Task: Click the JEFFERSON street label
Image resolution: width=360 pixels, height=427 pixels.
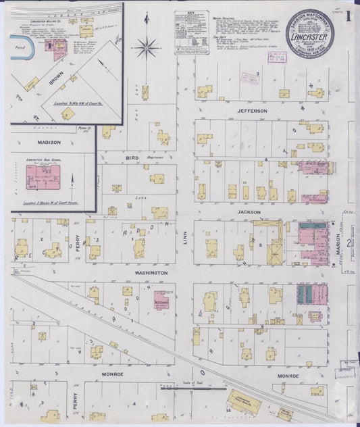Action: (251, 111)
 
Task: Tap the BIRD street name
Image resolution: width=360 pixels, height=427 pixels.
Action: (130, 157)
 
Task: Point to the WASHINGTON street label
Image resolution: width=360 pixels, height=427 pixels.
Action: (151, 273)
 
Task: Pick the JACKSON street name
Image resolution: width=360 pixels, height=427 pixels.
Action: (249, 211)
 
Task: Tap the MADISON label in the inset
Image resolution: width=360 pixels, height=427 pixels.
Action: (49, 143)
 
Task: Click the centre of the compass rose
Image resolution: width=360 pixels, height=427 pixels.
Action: (146, 47)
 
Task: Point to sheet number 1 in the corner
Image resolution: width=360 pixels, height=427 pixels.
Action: (349, 18)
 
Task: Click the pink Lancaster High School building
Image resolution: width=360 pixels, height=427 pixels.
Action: (43, 177)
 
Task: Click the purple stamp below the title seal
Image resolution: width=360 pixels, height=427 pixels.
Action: (277, 57)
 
